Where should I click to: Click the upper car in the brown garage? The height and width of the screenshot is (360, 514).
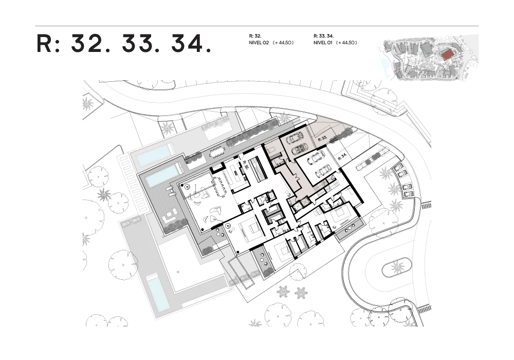click(x=295, y=138)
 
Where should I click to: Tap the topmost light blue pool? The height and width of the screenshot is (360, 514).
click(x=155, y=154)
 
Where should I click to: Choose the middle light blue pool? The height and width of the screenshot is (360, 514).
click(x=162, y=178)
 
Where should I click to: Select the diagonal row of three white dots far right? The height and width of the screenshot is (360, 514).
click(x=351, y=228)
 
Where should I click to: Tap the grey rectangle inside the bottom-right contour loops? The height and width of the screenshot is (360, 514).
click(x=398, y=267)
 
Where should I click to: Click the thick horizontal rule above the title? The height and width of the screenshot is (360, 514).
click(x=257, y=26)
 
